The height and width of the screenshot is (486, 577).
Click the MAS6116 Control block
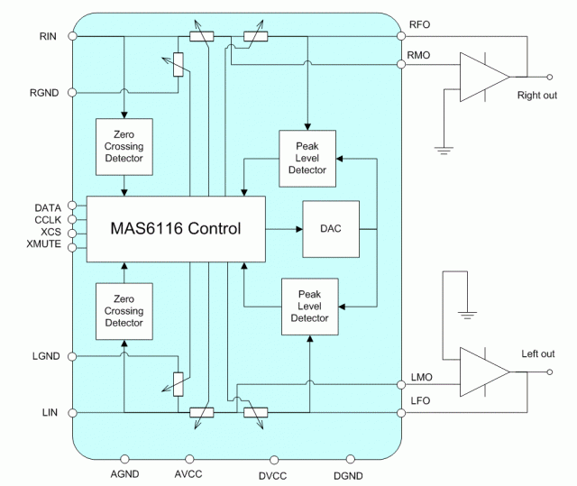176,229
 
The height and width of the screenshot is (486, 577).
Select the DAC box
331,229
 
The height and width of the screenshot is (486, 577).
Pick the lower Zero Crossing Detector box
124,311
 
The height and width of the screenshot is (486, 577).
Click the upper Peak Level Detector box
307,158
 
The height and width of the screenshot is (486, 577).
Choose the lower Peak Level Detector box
309,307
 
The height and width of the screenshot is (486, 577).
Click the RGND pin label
44,92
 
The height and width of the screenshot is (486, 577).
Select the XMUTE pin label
44,244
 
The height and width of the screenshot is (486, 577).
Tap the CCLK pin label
47,220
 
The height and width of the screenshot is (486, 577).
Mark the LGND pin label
45,356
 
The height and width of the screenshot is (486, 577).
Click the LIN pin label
50,412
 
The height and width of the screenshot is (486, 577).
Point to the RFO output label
421,25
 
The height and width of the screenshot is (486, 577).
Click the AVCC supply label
189,474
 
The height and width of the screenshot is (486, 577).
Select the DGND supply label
351,474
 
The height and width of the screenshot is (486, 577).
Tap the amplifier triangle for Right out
482,77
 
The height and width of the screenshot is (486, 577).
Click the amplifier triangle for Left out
482,371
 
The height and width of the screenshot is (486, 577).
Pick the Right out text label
536,95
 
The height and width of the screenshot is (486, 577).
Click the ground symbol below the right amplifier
443,150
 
